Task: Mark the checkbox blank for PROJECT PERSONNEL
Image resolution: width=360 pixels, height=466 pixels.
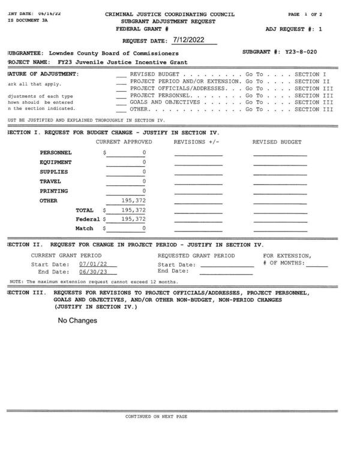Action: coord(121,95)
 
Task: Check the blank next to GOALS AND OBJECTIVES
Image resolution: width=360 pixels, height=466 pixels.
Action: coord(121,103)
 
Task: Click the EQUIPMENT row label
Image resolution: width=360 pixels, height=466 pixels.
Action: coord(56,163)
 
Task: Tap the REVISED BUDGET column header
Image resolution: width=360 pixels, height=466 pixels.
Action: coord(277,142)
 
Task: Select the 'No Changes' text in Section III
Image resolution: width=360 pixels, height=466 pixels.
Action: coord(77,321)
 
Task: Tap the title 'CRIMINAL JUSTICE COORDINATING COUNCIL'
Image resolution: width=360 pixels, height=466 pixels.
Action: coord(170,13)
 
